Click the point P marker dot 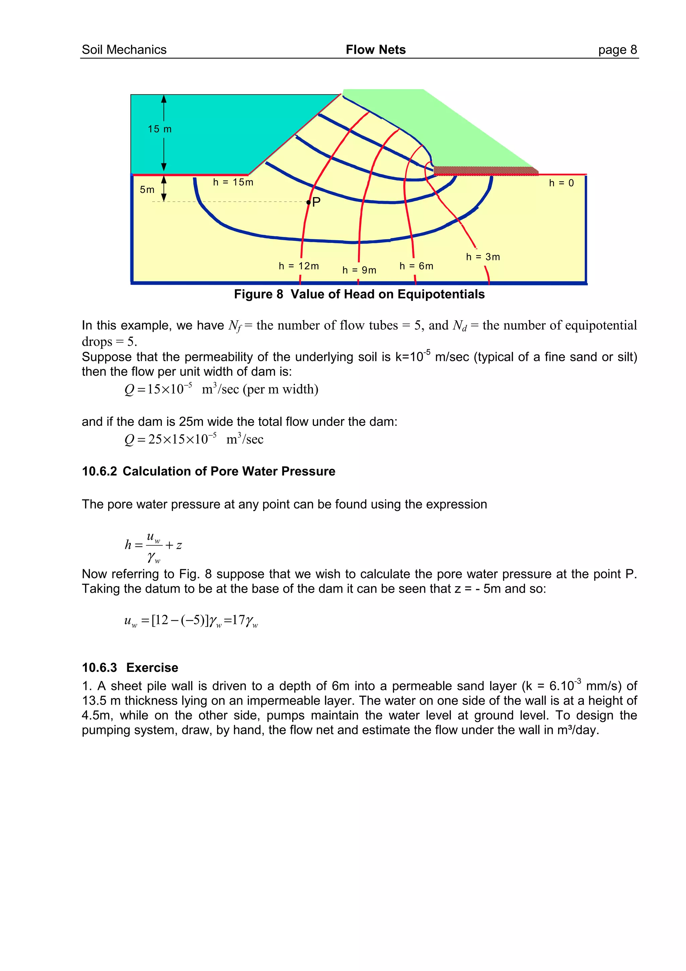(308, 203)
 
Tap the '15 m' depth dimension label (160, 129)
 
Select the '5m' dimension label (147, 189)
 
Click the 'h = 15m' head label (233, 182)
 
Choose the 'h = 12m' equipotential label (298, 266)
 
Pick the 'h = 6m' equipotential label (416, 266)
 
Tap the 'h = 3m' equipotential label (483, 257)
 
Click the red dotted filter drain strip (486, 171)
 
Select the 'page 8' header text (617, 50)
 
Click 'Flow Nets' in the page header (375, 50)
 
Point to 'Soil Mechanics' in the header (124, 50)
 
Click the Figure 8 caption (359, 294)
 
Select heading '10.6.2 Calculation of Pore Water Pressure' (208, 471)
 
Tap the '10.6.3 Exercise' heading (130, 667)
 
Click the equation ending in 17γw (191, 621)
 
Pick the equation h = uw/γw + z (153, 545)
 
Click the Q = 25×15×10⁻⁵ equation (194, 439)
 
